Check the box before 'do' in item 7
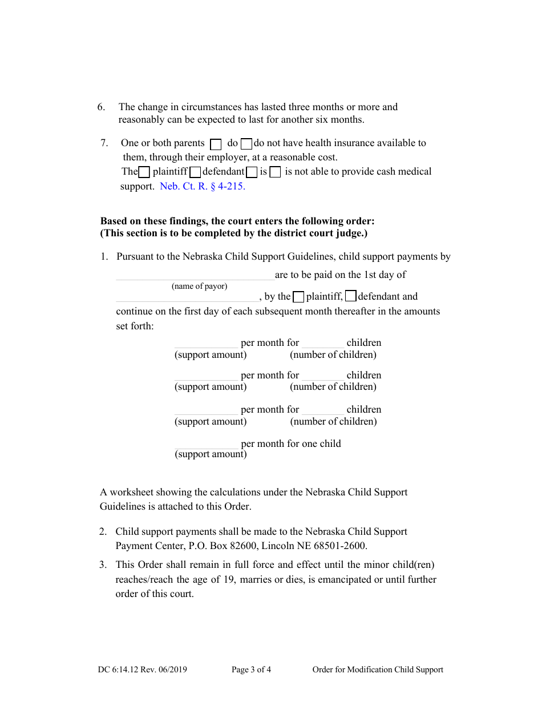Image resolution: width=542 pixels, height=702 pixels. pos(216,144)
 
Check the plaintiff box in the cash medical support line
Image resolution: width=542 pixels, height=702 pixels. pos(144,172)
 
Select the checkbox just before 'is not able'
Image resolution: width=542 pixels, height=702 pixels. pos(275,172)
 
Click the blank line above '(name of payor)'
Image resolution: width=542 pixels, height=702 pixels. pos(195,276)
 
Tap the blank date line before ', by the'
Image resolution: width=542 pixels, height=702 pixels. pos(187,297)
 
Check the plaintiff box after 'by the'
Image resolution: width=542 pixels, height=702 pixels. pos(298,297)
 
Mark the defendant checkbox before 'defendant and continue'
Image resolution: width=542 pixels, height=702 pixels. pos(351,296)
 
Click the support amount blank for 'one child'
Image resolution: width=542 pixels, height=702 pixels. pos(206,444)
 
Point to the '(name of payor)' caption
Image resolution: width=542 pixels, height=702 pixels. pos(199,287)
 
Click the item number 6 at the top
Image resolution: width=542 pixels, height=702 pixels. pos(102,107)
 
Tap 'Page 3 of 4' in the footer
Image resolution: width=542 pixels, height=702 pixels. pos(251,670)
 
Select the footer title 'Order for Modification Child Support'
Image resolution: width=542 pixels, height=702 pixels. pos(378,670)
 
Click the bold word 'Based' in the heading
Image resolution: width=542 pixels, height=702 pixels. pos(114,221)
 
